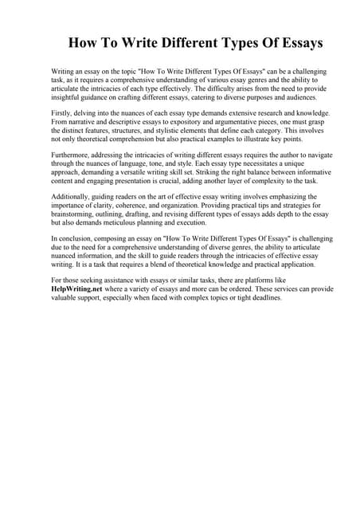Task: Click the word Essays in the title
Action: pos(295,43)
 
